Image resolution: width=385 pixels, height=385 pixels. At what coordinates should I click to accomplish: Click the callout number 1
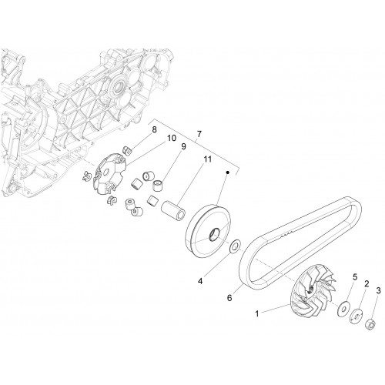[257, 313]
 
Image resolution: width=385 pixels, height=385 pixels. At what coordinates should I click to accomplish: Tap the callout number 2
[367, 284]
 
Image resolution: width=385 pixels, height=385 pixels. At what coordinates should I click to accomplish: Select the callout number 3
[378, 291]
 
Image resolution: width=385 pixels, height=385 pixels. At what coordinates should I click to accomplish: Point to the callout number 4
[200, 281]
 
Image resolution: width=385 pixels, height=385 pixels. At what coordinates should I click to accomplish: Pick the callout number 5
[355, 277]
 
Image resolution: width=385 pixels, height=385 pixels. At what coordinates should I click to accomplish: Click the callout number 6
[229, 298]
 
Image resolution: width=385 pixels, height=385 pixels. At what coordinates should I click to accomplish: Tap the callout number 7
[199, 134]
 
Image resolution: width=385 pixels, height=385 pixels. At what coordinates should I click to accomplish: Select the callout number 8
[154, 129]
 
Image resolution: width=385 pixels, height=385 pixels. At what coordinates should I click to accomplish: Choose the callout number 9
[183, 146]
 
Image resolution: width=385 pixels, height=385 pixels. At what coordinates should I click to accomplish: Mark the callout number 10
[172, 138]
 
